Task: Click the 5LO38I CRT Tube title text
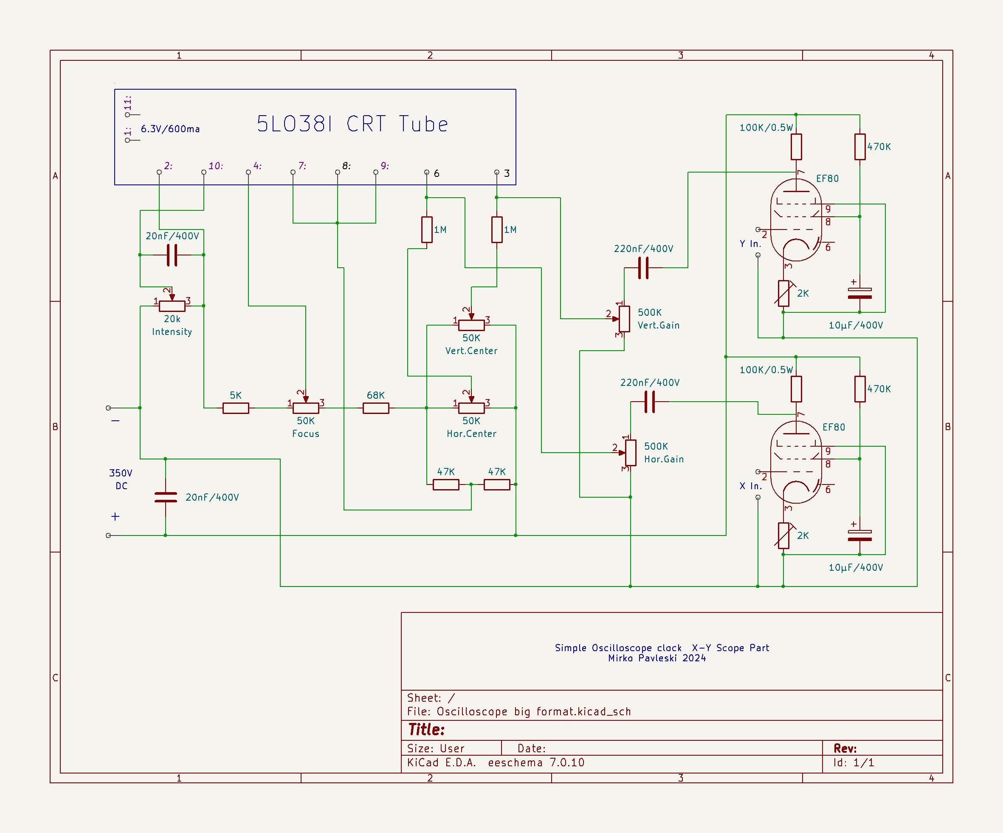click(352, 124)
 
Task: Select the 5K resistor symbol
click(236, 408)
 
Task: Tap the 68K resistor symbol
click(375, 408)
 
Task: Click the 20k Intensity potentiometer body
click(172, 306)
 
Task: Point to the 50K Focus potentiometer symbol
click(306, 408)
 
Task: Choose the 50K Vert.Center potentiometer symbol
click(471, 325)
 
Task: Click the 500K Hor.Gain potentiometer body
click(631, 452)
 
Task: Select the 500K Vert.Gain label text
click(658, 319)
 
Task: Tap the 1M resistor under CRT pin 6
click(426, 229)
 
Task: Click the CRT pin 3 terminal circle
click(497, 172)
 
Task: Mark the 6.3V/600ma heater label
click(170, 129)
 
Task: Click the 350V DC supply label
click(121, 479)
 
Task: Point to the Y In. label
click(750, 244)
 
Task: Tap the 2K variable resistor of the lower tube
click(783, 535)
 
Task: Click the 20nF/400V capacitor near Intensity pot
click(172, 255)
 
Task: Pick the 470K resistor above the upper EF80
click(860, 147)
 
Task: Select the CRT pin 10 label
click(215, 166)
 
